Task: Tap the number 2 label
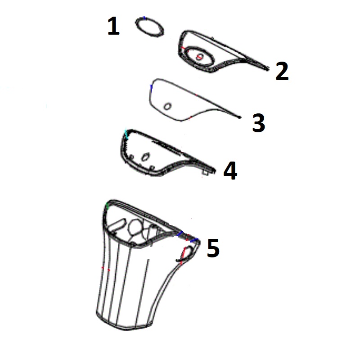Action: (x=282, y=72)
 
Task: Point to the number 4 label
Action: (x=230, y=171)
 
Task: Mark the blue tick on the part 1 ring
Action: (x=144, y=18)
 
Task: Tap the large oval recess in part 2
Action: (x=197, y=56)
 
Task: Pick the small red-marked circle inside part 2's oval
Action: (x=198, y=57)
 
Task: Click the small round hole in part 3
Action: (x=167, y=106)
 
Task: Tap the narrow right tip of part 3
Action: (x=240, y=118)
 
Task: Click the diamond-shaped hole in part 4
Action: (x=145, y=156)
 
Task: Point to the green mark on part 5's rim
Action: (x=107, y=206)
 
